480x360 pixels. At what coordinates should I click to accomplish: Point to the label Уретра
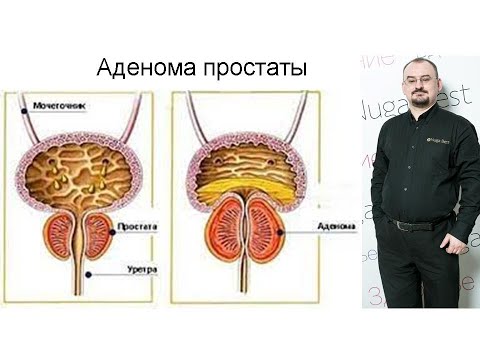coord(139,270)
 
